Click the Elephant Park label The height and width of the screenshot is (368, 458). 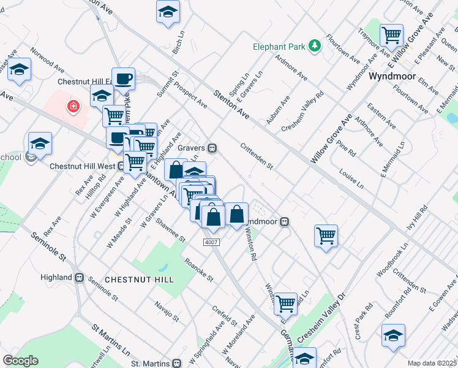(280, 46)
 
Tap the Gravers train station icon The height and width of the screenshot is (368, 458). (212, 148)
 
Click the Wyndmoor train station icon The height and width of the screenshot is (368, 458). (285, 222)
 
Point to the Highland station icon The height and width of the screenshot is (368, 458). (79, 277)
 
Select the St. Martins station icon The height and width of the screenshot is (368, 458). (177, 363)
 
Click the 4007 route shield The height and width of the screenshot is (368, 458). (211, 243)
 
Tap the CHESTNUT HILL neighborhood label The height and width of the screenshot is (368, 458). (139, 279)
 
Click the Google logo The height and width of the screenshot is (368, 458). (20, 361)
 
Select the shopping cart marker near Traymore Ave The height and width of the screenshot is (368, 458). (391, 36)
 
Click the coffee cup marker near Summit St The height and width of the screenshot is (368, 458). (123, 79)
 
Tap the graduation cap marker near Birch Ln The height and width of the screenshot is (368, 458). (168, 12)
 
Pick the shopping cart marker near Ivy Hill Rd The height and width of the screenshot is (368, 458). (326, 236)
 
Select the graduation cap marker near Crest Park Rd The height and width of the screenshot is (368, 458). (392, 335)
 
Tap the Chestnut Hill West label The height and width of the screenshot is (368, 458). (82, 166)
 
